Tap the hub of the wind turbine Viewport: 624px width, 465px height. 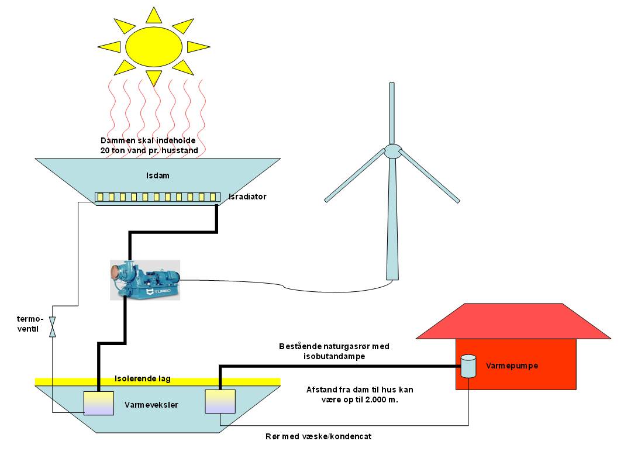coord(392,151)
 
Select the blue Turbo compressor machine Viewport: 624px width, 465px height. coord(145,280)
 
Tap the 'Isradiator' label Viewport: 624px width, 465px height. coord(247,197)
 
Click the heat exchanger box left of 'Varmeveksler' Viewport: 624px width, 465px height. coord(98,402)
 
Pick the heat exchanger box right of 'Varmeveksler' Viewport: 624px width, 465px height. coord(220,401)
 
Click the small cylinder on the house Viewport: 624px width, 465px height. coord(468,366)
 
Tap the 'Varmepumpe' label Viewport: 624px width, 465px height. coord(512,366)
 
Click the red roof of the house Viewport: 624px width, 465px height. coord(513,322)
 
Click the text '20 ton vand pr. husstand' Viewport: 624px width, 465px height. coord(149,150)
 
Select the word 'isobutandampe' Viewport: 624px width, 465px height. coord(334,356)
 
